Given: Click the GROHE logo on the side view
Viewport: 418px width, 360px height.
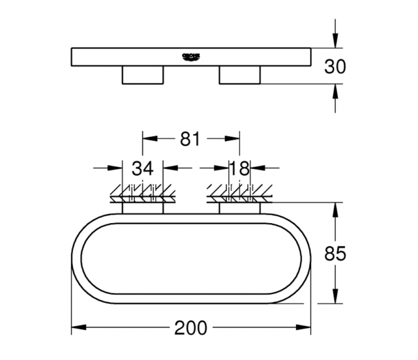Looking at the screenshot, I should [191, 56].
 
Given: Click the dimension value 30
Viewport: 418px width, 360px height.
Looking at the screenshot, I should [335, 66].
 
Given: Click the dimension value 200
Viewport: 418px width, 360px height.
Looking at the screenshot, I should [192, 328].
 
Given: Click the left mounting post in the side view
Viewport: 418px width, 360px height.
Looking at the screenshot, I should [143, 75].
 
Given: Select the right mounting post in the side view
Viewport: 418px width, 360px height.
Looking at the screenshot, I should [239, 75].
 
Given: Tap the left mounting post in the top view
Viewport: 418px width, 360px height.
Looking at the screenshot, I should [143, 208].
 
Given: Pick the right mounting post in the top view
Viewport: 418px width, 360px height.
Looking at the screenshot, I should [239, 208].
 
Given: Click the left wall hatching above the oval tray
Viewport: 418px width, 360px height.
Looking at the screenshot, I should [142, 194].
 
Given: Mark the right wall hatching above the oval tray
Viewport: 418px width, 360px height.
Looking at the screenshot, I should [239, 194].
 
